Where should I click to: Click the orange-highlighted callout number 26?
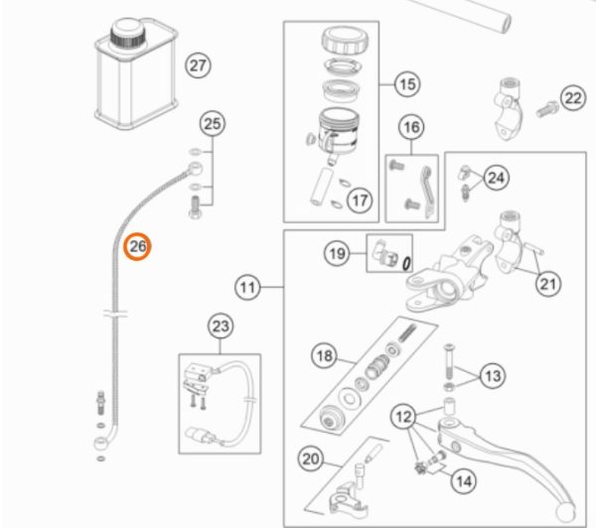[x=136, y=245]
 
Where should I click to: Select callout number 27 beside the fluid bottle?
[x=200, y=67]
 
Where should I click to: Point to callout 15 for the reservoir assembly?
[x=407, y=84]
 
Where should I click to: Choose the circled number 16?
[x=411, y=127]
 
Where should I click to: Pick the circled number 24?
[x=496, y=178]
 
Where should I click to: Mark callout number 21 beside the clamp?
[x=547, y=286]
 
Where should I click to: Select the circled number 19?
[x=338, y=255]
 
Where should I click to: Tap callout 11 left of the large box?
[x=247, y=288]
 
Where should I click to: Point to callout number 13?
[x=493, y=375]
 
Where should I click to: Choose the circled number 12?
[x=402, y=416]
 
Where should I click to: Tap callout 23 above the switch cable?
[x=220, y=327]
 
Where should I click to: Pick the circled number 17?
[x=360, y=200]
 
